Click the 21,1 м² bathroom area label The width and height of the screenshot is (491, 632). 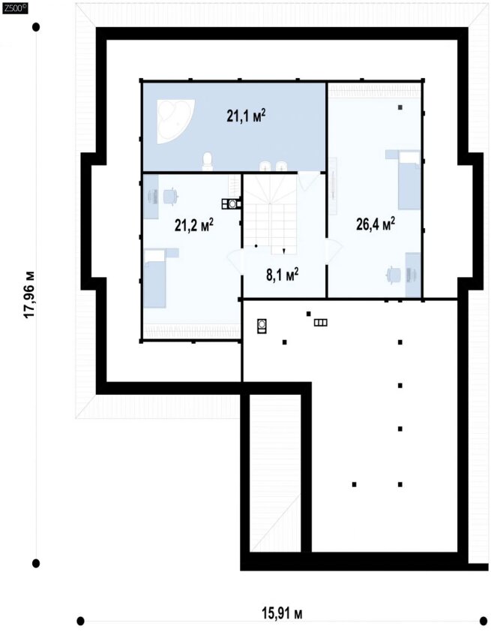[246, 116]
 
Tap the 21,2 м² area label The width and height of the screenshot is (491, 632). [194, 225]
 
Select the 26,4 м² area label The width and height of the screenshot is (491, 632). [375, 224]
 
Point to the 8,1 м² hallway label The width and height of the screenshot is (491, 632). [282, 275]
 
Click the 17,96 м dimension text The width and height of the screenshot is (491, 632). [29, 294]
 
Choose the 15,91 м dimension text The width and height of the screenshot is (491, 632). [282, 614]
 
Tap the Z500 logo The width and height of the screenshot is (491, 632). [15, 8]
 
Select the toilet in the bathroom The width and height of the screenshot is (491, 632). [207, 161]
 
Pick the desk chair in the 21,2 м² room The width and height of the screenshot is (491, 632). [170, 197]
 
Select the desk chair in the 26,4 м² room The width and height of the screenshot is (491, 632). [394, 275]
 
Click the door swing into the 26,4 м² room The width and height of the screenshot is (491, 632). [334, 251]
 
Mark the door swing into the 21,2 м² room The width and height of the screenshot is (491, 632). [235, 263]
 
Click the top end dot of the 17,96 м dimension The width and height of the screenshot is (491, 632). [36, 27]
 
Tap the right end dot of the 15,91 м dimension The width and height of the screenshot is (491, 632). [484, 619]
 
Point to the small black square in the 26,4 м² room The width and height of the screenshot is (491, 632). [400, 107]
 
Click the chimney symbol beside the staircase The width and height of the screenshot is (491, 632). [232, 204]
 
